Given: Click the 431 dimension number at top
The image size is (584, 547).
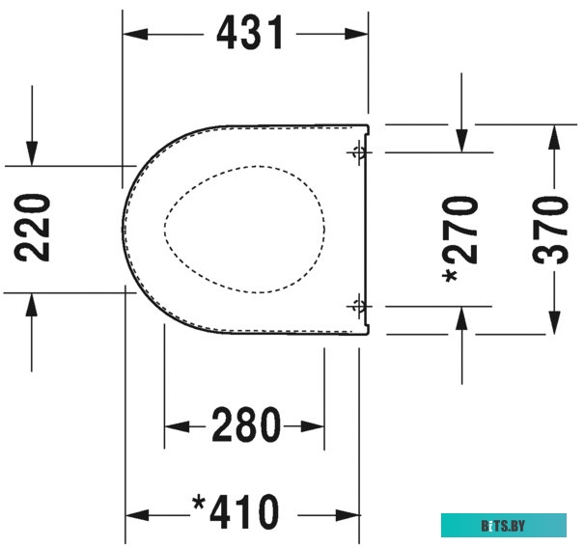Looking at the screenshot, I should pos(250,34).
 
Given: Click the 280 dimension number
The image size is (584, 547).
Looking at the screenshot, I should pos(245,425).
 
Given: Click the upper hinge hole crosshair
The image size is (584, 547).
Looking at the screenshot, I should pos(358,151).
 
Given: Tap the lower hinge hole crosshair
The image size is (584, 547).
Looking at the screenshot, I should pos(358,306).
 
